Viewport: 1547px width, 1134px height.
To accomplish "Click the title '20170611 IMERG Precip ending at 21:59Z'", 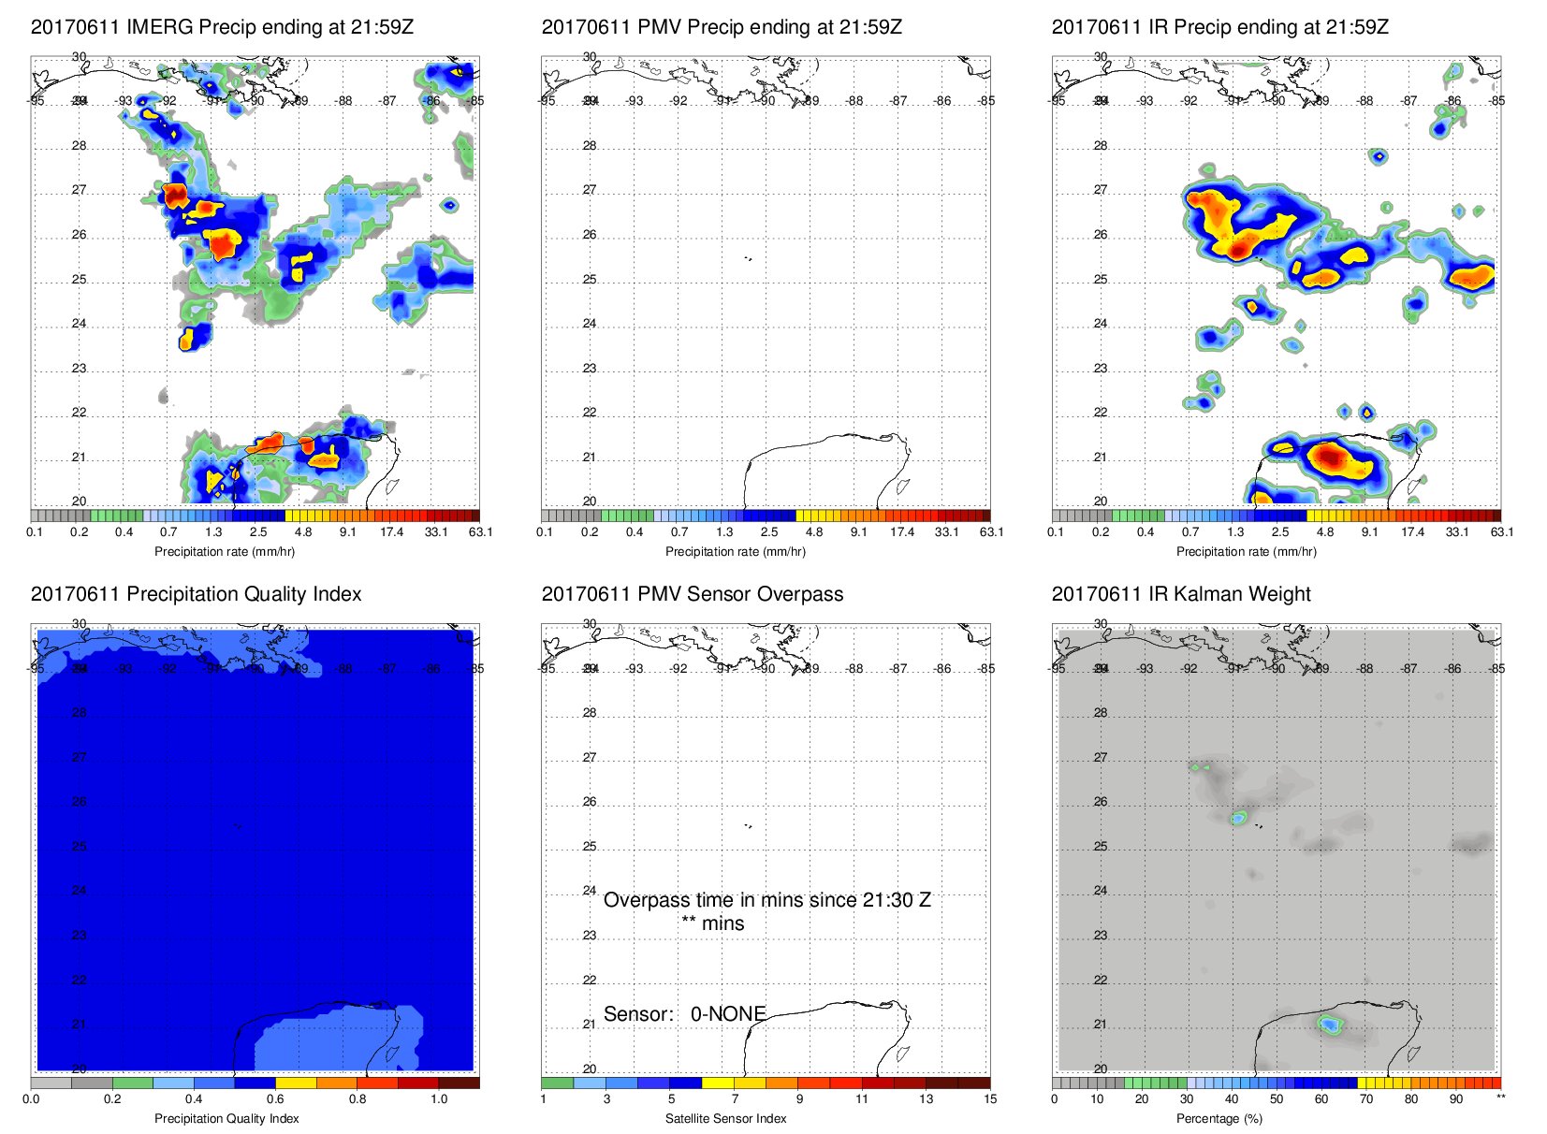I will tap(222, 27).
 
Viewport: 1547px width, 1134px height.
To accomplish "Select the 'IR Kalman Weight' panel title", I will tap(1181, 594).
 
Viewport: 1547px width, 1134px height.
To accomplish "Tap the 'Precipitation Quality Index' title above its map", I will tap(196, 594).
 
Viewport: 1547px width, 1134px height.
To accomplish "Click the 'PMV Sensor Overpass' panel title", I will tap(693, 594).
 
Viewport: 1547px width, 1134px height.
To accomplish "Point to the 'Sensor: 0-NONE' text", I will tap(684, 1014).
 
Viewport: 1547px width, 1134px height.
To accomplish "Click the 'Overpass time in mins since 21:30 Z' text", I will tap(766, 900).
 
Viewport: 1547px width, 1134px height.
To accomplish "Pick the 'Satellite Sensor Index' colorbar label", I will tap(725, 1118).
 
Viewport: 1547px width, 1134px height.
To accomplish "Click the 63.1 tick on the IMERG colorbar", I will tap(480, 532).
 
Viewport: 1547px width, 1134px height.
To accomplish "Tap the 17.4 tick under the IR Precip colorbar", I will tap(1412, 532).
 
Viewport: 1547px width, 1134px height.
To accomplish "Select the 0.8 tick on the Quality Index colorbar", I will tap(358, 1099).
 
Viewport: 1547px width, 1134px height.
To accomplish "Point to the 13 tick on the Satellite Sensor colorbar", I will tap(926, 1099).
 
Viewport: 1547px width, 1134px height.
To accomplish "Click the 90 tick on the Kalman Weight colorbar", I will tap(1456, 1099).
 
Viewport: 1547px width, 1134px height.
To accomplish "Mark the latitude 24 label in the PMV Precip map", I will tap(590, 324).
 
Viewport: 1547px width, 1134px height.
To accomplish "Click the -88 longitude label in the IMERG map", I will tap(344, 101).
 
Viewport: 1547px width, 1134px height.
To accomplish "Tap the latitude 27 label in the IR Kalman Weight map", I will tap(1101, 758).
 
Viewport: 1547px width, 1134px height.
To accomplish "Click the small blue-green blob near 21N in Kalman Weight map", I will tap(1329, 1025).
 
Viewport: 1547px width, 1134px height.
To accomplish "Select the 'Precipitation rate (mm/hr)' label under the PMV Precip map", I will tap(735, 551).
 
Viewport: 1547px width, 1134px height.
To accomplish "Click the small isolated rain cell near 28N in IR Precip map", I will tap(1378, 155).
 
